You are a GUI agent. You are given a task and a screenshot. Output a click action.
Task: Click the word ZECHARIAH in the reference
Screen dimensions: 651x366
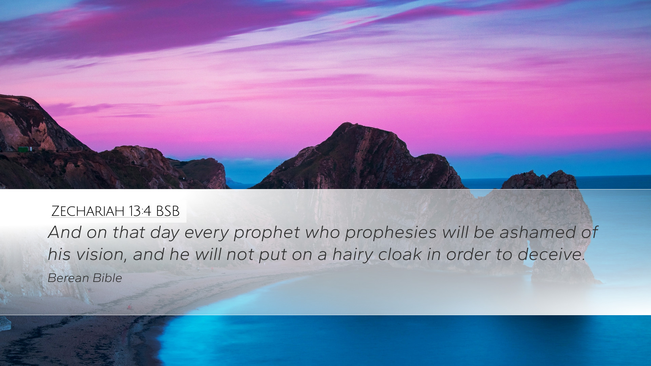pos(88,211)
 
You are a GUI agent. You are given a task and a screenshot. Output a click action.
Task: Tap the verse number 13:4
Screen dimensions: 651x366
pos(140,211)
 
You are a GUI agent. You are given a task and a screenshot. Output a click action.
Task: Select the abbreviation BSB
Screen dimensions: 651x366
pos(167,211)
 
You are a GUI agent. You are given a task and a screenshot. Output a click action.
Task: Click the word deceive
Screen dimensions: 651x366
pos(551,254)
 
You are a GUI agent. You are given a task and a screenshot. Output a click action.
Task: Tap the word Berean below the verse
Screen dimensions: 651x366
pos(68,278)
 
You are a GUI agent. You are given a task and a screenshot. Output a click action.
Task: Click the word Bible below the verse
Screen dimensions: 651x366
pos(107,278)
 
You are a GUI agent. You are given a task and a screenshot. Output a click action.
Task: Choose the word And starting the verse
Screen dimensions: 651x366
pos(65,232)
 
